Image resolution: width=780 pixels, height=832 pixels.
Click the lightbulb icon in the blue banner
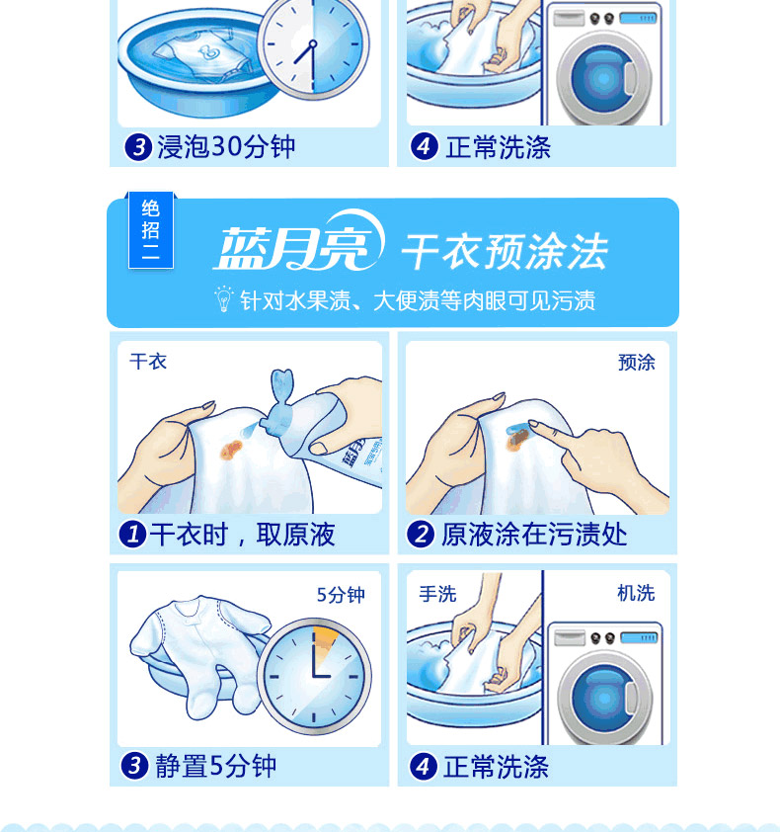(223, 299)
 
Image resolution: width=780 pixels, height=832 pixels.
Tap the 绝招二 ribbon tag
(151, 230)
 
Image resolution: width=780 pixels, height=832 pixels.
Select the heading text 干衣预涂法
(505, 251)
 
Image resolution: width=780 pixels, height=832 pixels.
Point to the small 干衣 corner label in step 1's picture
(148, 362)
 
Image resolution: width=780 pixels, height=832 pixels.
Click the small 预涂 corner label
(636, 363)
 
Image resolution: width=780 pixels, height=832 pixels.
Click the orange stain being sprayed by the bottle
(231, 451)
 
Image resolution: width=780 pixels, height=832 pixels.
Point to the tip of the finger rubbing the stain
(532, 424)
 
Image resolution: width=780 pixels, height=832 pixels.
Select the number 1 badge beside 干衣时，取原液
(132, 534)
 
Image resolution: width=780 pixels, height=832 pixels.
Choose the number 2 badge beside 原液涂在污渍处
(421, 534)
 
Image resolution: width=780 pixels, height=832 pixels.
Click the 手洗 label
(437, 594)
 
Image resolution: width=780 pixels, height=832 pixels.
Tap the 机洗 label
(636, 593)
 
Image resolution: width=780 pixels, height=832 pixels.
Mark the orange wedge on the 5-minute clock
(326, 637)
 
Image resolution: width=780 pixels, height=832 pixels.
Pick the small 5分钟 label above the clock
(341, 595)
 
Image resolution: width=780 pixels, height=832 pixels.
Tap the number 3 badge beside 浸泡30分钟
(138, 147)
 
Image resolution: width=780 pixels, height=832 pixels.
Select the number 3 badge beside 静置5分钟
(134, 766)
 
